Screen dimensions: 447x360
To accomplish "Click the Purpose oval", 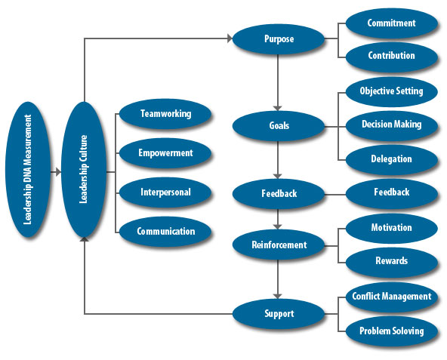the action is tap(279, 39).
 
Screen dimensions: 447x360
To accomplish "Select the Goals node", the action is tap(279, 126).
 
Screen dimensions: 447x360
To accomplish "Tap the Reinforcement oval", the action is tap(279, 245).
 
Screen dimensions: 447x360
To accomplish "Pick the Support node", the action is tap(279, 314).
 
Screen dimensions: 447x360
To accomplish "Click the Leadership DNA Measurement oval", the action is tap(28, 170).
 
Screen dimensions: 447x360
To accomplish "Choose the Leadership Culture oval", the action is tap(84, 170).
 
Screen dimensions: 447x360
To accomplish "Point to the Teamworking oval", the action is tap(165, 114).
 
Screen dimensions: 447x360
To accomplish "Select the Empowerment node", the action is tap(165, 153).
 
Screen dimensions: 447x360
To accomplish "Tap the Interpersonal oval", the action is tap(165, 192).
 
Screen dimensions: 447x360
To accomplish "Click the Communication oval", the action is tap(165, 232).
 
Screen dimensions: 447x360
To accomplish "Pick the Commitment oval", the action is tap(392, 23).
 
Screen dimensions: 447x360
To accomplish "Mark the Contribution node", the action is tap(392, 56).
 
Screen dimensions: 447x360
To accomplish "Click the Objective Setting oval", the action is tap(392, 91).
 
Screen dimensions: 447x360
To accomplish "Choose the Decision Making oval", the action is tap(392, 125).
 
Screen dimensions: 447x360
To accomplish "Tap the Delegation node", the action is tap(392, 159).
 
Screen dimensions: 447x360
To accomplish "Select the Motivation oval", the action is tap(392, 228).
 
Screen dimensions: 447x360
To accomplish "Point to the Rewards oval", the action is tap(392, 261).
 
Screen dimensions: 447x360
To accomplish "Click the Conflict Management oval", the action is tap(392, 297).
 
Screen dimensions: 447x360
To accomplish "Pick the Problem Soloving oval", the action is tap(392, 331).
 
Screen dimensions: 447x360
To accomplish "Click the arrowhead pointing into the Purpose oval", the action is tap(230, 38).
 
